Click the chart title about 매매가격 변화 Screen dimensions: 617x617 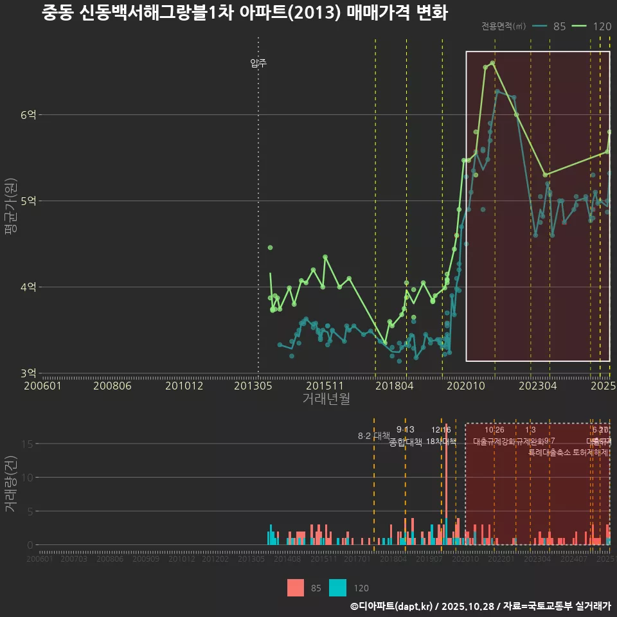[x=244, y=13]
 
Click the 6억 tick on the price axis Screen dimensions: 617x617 [x=28, y=115]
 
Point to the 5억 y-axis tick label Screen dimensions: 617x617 [x=28, y=201]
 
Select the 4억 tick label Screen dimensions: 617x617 [x=28, y=287]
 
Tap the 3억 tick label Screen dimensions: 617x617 [x=28, y=373]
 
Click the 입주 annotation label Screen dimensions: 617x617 [x=258, y=63]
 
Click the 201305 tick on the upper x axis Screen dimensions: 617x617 [x=252, y=386]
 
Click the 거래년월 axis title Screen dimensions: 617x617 [x=326, y=398]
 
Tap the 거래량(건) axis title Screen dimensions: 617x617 [x=10, y=484]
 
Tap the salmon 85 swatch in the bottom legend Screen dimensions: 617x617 [x=296, y=587]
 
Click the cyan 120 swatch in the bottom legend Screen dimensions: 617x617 [x=337, y=587]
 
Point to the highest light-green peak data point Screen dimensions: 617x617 [x=492, y=63]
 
